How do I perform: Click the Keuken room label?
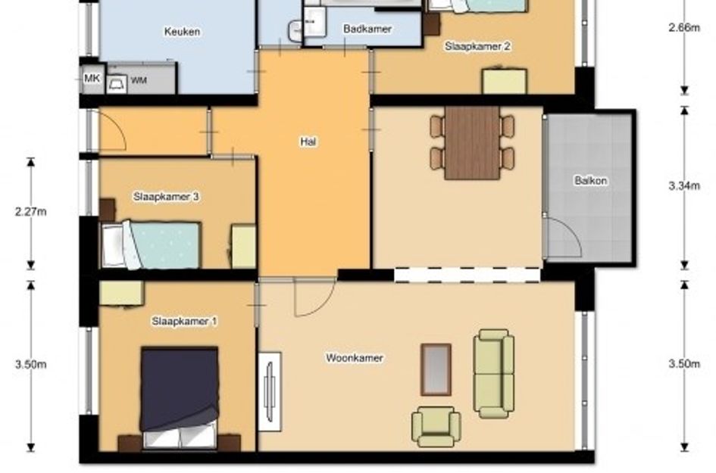pyautogui.click(x=182, y=32)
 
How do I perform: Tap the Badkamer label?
pyautogui.click(x=367, y=29)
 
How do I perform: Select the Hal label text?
pyautogui.click(x=308, y=142)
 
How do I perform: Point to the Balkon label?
pyautogui.click(x=590, y=181)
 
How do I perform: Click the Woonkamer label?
pyautogui.click(x=355, y=358)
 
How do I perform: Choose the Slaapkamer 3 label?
pyautogui.click(x=166, y=197)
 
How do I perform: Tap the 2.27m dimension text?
pyautogui.click(x=30, y=212)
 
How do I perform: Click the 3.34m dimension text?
pyautogui.click(x=684, y=185)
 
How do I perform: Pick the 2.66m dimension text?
pyautogui.click(x=684, y=28)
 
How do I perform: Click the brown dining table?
pyautogui.click(x=472, y=143)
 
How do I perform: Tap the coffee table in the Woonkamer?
pyautogui.click(x=436, y=369)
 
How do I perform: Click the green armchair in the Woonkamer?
pyautogui.click(x=436, y=427)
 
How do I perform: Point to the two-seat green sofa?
pyautogui.click(x=493, y=374)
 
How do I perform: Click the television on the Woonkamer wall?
pyautogui.click(x=270, y=392)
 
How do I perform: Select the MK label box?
pyautogui.click(x=92, y=79)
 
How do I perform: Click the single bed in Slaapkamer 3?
pyautogui.click(x=151, y=244)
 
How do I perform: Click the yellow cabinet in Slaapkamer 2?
pyautogui.click(x=505, y=81)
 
